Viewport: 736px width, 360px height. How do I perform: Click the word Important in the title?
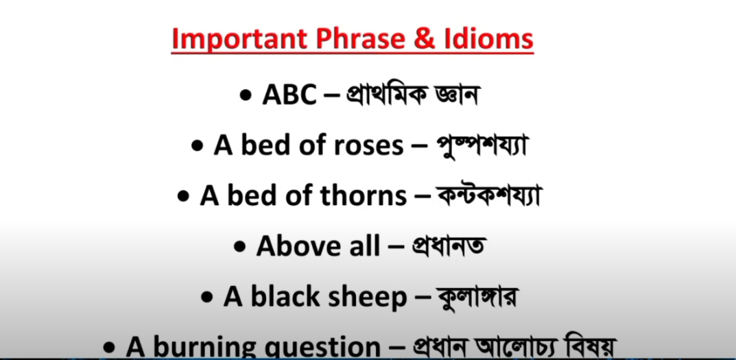click(x=240, y=40)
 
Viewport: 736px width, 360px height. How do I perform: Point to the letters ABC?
click(x=289, y=96)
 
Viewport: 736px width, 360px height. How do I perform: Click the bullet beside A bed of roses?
click(x=197, y=147)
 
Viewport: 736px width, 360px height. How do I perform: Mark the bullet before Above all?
click(x=240, y=248)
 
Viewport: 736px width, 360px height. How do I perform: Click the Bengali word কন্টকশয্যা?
click(x=487, y=195)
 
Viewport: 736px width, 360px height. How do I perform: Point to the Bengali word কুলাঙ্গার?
click(x=477, y=297)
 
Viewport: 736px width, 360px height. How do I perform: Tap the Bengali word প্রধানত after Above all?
click(x=447, y=246)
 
